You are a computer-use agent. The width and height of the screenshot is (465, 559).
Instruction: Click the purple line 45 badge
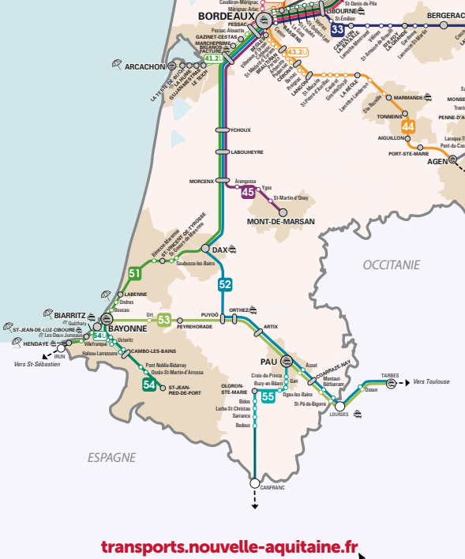click(x=248, y=192)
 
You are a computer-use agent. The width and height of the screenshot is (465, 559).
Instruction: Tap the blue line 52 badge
click(x=225, y=284)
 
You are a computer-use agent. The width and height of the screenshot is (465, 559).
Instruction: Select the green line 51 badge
click(x=135, y=273)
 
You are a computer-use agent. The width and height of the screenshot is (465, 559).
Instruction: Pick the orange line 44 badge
click(x=407, y=126)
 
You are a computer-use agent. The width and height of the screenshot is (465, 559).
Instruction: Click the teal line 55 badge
click(x=268, y=396)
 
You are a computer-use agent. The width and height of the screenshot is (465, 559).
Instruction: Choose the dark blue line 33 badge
click(x=338, y=29)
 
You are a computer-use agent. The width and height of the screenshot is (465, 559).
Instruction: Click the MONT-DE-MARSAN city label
click(x=280, y=222)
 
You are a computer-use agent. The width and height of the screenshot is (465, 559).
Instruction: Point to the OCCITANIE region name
click(x=392, y=265)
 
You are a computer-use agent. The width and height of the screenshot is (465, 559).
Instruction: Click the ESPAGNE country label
click(x=112, y=457)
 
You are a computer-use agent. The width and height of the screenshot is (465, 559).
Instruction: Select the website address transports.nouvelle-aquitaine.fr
click(x=229, y=546)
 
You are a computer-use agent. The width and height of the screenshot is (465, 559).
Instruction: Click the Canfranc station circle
click(x=254, y=482)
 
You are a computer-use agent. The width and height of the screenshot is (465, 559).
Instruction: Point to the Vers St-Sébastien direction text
click(x=36, y=365)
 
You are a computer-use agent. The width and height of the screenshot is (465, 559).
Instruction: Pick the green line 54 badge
click(x=149, y=385)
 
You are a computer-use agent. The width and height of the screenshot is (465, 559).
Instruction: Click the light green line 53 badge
click(x=163, y=320)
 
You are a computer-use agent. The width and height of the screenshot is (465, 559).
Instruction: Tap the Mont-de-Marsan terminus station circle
click(x=282, y=212)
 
